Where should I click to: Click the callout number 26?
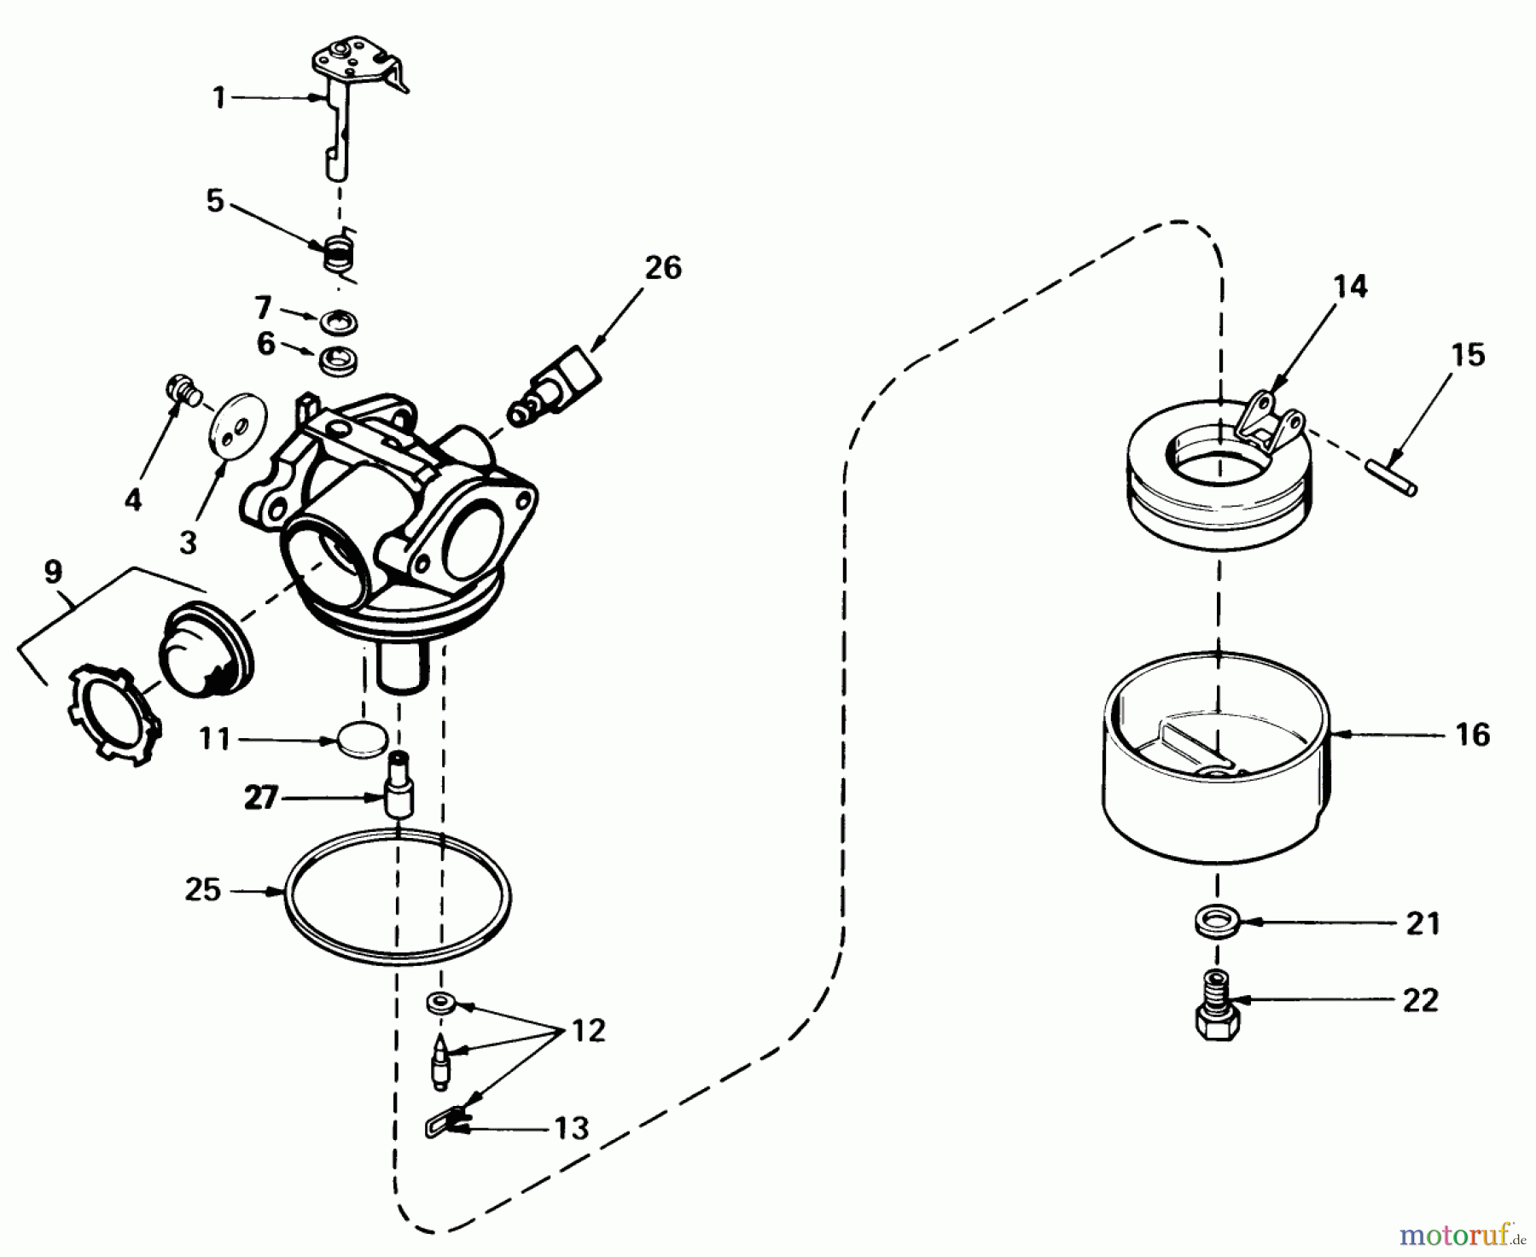click(663, 268)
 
